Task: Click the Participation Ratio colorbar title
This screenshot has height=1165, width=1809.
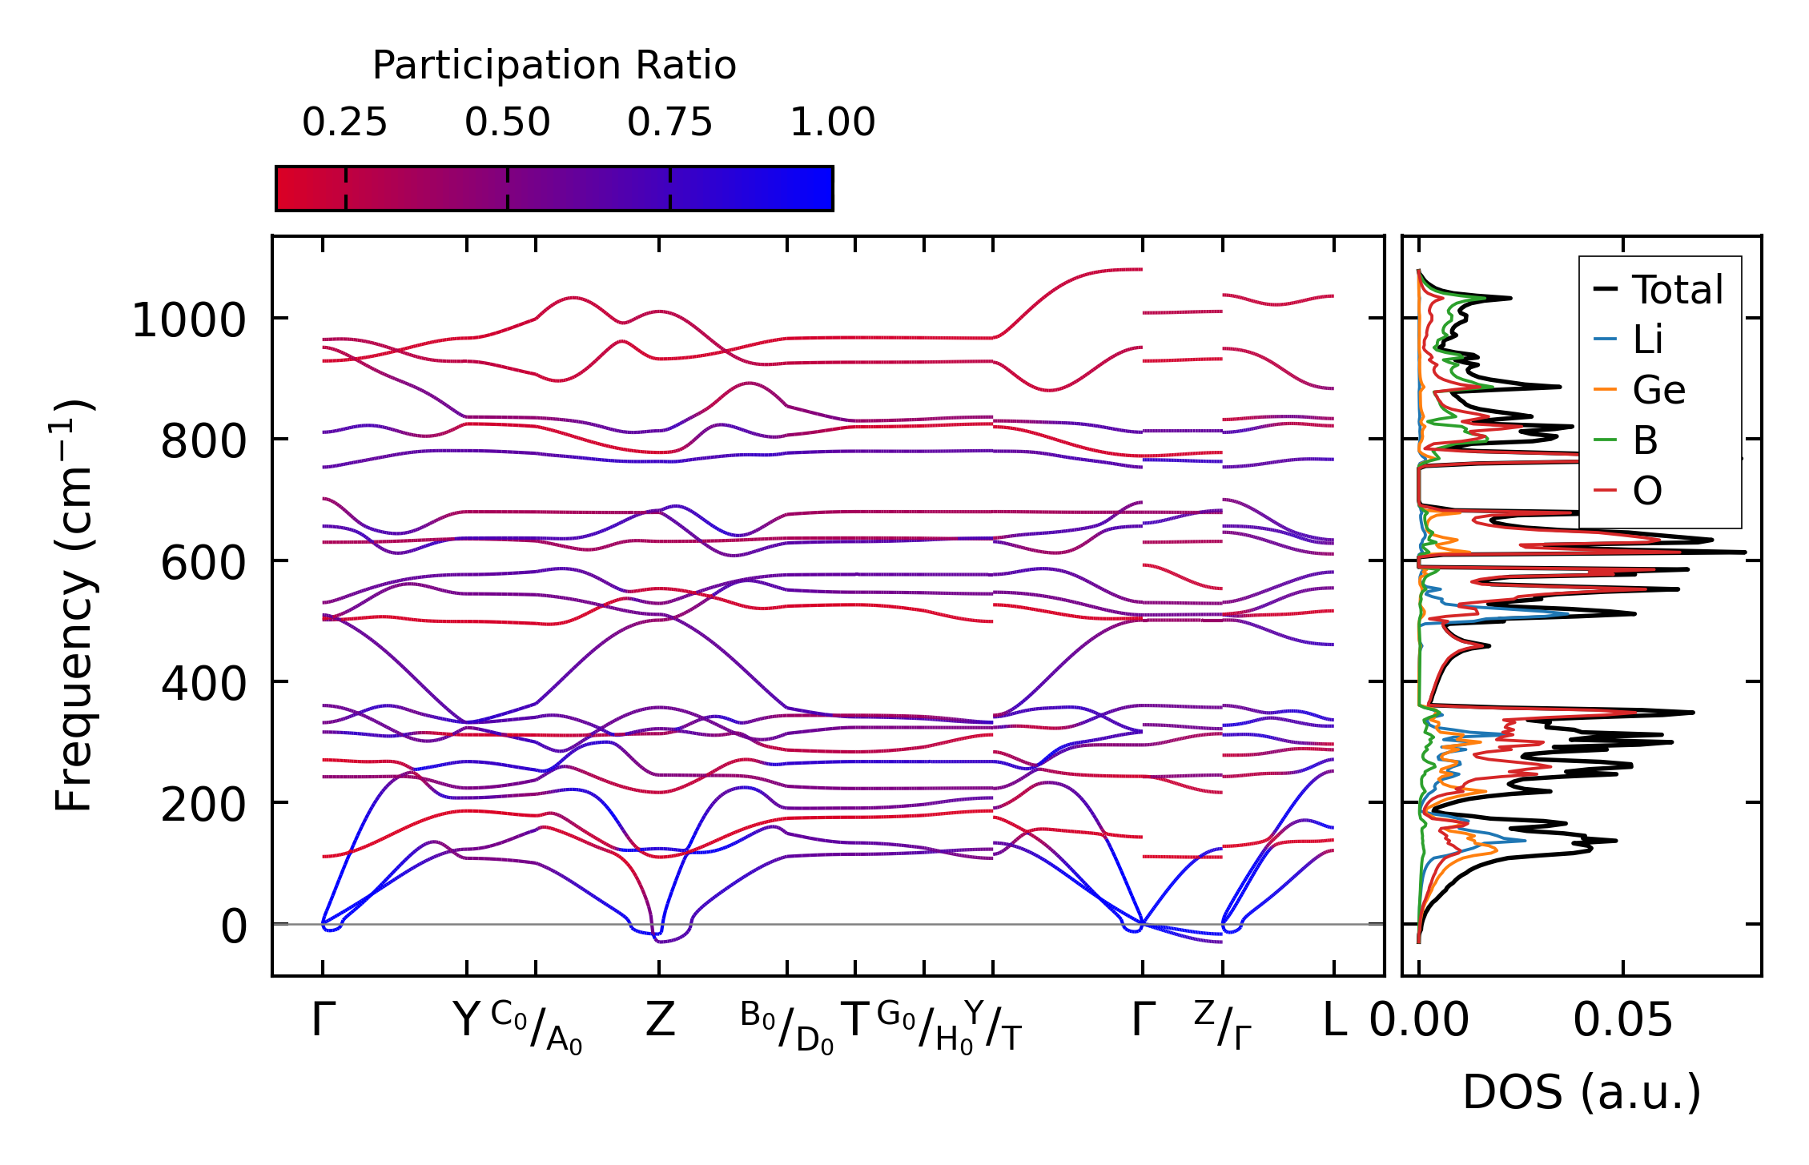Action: pyautogui.click(x=554, y=66)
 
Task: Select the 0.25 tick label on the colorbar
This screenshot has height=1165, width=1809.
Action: pyautogui.click(x=344, y=123)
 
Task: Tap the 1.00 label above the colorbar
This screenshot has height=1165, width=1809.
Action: pyautogui.click(x=832, y=123)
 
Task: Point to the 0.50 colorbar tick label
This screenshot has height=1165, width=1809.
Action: pyautogui.click(x=507, y=123)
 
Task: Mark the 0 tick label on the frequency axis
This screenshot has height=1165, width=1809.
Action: pyautogui.click(x=234, y=927)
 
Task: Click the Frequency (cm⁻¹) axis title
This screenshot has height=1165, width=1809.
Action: pyautogui.click(x=74, y=605)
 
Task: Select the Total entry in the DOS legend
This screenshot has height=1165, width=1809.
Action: pyautogui.click(x=1677, y=290)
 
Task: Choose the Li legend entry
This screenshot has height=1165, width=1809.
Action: pyautogui.click(x=1647, y=340)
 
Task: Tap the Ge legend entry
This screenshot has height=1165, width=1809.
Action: pyautogui.click(x=1658, y=391)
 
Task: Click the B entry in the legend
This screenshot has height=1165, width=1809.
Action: pyautogui.click(x=1645, y=440)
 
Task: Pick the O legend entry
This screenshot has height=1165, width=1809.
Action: pyautogui.click(x=1647, y=491)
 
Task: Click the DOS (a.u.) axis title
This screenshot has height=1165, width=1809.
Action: pyautogui.click(x=1582, y=1092)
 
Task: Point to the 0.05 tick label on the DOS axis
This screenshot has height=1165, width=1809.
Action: pyautogui.click(x=1622, y=1021)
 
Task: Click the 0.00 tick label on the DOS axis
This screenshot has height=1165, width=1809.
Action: pyautogui.click(x=1419, y=1021)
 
